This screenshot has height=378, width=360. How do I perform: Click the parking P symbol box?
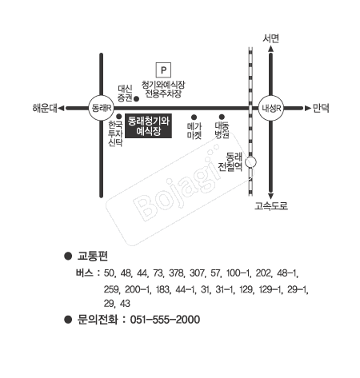click(163, 70)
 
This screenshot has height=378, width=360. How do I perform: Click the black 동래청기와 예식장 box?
click(148, 125)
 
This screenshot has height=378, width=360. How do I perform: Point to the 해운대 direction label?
click(45, 108)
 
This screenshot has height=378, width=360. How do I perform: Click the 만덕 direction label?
click(321, 108)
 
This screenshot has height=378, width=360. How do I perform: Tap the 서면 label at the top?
click(270, 38)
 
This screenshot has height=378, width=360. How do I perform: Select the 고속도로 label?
click(271, 205)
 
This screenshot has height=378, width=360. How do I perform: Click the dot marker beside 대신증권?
click(136, 99)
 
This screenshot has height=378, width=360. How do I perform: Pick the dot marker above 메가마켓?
click(194, 117)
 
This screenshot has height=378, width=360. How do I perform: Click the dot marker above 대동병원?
click(222, 117)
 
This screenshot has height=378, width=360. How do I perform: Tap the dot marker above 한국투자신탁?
click(119, 117)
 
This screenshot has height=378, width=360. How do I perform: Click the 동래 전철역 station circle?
click(250, 162)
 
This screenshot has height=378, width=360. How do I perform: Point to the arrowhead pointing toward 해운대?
click(62, 108)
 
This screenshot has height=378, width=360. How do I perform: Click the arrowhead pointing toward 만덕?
click(308, 108)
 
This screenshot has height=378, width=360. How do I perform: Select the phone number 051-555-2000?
click(165, 320)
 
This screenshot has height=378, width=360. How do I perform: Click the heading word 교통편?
click(92, 256)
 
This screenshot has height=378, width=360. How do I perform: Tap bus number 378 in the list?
click(176, 273)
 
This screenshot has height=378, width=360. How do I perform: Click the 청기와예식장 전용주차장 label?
click(163, 90)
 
